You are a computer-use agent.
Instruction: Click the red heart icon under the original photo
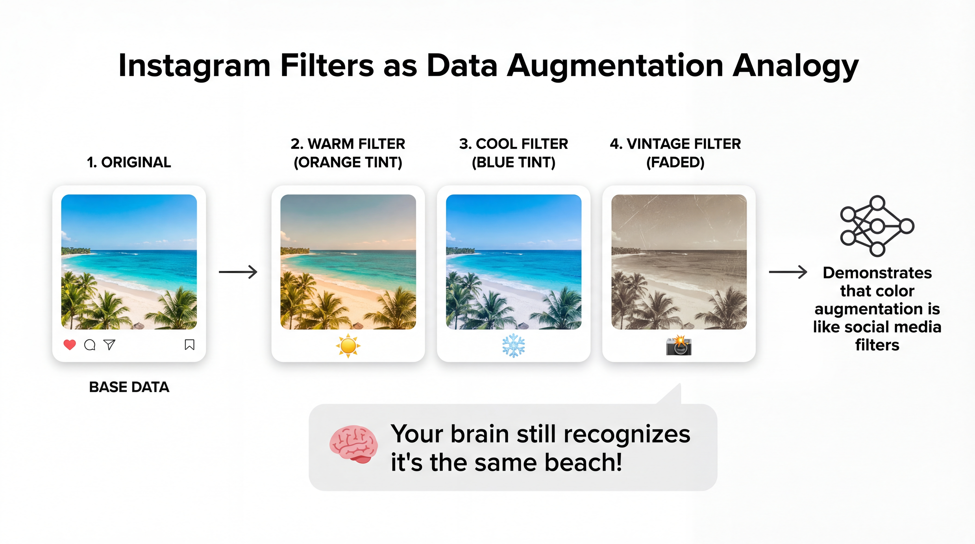tap(70, 345)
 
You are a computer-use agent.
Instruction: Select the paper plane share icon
tap(109, 344)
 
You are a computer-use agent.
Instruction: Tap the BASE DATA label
tap(129, 387)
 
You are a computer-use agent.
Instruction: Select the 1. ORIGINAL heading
tap(129, 162)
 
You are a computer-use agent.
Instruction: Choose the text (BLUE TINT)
tap(514, 162)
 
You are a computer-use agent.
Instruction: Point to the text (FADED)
tap(676, 162)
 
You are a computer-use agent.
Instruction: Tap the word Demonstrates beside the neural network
tap(877, 273)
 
